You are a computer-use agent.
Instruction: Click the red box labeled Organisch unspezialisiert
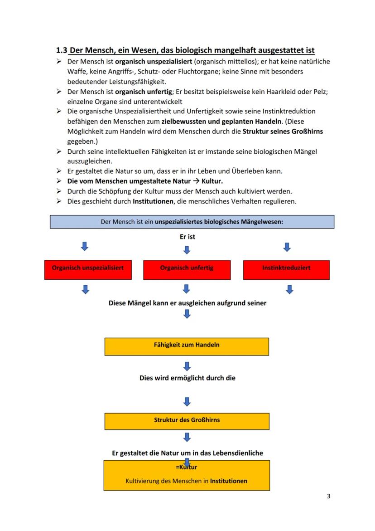(x=88, y=269)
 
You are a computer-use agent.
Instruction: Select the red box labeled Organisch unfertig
(x=187, y=269)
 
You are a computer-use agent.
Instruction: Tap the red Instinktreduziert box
(x=286, y=269)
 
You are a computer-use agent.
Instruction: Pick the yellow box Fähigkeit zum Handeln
(x=187, y=346)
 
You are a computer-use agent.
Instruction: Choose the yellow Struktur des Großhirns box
(x=187, y=421)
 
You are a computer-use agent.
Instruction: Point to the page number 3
(x=328, y=496)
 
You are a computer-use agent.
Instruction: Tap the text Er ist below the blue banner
(x=187, y=237)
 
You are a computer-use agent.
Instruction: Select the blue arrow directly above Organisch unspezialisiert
(x=84, y=246)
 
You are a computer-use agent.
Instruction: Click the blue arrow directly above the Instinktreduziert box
(x=287, y=247)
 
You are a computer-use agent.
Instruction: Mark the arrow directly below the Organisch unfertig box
(x=186, y=289)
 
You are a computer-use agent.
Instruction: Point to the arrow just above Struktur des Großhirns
(x=187, y=401)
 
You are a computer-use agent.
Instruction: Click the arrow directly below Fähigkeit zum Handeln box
(x=187, y=366)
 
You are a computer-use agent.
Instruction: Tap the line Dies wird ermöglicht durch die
(x=187, y=378)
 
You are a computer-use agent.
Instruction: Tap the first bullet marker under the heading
(x=59, y=61)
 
